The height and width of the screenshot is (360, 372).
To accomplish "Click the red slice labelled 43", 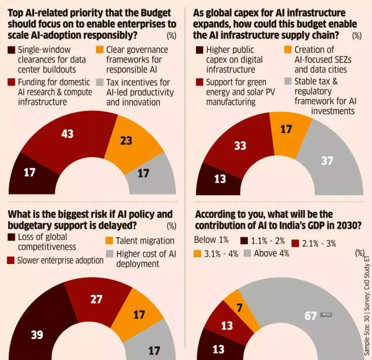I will pyautogui.click(x=67, y=136).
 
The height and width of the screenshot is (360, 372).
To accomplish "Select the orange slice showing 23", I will pyautogui.click(x=126, y=142).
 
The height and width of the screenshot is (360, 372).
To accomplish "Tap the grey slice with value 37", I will pyautogui.click(x=327, y=162).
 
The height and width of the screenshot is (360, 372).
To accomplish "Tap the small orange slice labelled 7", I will pyautogui.click(x=238, y=308).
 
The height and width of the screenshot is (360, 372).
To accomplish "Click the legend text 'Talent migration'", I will pyautogui.click(x=142, y=241).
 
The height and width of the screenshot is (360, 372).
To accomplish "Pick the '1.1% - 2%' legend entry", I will pyautogui.click(x=267, y=241).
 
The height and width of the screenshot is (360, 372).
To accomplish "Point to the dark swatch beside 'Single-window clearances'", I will pyautogui.click(x=12, y=50).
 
